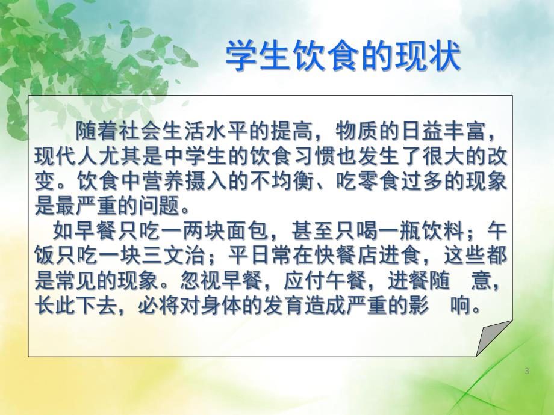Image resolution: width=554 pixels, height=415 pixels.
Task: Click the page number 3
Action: pyautogui.click(x=527, y=371)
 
